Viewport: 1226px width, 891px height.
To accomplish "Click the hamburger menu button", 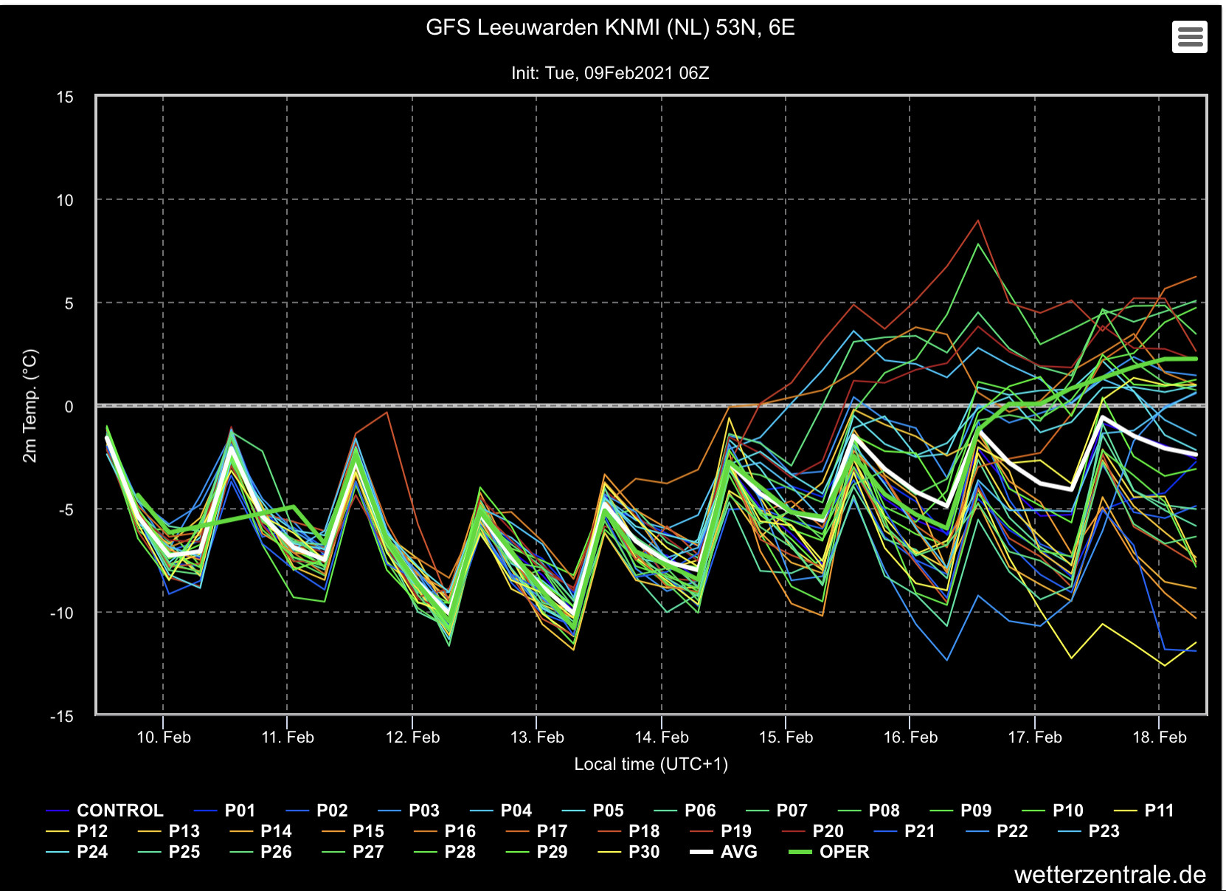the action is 1189,37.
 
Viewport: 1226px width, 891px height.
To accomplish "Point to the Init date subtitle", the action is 610,73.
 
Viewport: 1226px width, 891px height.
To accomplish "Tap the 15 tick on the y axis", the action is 65,97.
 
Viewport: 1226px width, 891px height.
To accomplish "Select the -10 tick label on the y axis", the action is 61,613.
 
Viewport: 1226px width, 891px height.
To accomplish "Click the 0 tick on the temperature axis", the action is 69,406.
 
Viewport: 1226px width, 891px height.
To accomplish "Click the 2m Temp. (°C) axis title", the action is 30,406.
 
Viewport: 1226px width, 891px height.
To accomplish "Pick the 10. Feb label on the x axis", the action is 164,737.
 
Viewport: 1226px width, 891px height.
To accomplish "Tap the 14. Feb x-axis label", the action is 661,737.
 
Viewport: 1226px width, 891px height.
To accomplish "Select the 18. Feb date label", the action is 1159,737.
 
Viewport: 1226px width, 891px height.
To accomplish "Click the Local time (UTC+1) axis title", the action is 651,764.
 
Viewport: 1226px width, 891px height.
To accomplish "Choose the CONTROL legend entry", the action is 105,810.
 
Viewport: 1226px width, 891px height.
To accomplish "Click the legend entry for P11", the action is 1144,810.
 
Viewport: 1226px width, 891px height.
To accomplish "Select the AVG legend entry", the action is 724,852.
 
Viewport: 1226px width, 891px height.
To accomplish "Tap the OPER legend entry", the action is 828,852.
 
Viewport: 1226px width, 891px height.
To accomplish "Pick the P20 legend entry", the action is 814,830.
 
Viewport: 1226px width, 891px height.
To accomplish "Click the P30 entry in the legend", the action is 629,852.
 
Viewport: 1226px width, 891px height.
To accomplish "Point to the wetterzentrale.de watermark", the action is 1110,875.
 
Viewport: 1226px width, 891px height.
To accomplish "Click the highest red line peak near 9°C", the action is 977,221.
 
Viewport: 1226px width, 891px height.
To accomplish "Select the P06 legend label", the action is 685,810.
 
